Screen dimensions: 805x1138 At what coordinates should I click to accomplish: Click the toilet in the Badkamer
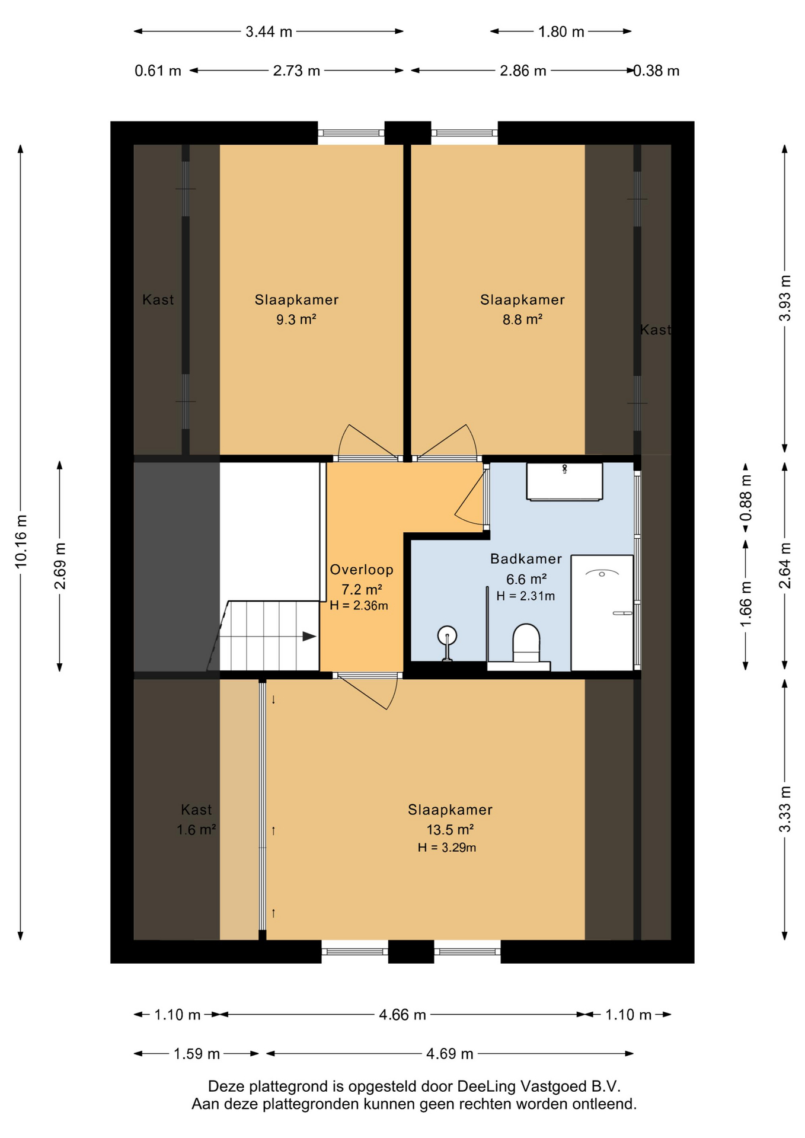pyautogui.click(x=526, y=644)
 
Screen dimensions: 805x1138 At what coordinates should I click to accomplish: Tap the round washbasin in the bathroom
pyautogui.click(x=447, y=637)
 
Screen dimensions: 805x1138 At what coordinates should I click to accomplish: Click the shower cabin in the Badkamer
pyautogui.click(x=602, y=613)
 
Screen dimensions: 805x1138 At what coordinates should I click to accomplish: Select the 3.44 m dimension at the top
pyautogui.click(x=269, y=31)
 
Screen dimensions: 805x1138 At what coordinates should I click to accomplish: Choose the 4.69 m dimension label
pyautogui.click(x=450, y=1053)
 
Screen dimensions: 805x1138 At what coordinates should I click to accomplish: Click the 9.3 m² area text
pyautogui.click(x=296, y=319)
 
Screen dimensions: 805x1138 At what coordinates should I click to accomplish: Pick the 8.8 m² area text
pyautogui.click(x=522, y=319)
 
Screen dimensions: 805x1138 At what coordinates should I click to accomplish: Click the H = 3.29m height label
pyautogui.click(x=447, y=848)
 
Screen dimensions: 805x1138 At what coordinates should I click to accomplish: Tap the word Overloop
pyautogui.click(x=362, y=570)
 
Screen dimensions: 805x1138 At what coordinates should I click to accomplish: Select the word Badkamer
pyautogui.click(x=526, y=559)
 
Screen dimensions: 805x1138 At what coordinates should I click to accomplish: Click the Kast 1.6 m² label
pyautogui.click(x=196, y=820)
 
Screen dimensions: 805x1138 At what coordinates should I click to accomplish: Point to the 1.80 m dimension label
pyautogui.click(x=561, y=31)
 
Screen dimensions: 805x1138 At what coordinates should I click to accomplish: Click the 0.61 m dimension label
pyautogui.click(x=158, y=71)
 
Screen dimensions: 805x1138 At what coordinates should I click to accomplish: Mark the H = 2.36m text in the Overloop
pyautogui.click(x=359, y=606)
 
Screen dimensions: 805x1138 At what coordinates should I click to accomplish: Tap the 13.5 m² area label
pyautogui.click(x=450, y=830)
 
